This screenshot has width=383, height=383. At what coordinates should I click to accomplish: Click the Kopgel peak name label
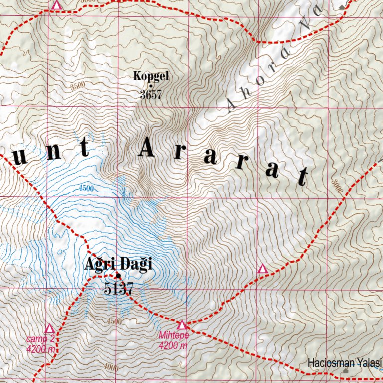[151, 76]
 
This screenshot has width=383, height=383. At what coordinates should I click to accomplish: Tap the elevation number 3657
[151, 94]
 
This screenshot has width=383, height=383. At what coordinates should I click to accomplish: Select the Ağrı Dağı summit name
[118, 264]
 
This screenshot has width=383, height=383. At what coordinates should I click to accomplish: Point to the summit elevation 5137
[119, 288]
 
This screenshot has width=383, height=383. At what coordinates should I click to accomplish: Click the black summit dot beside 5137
[118, 276]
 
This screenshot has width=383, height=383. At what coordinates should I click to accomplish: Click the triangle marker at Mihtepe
[182, 325]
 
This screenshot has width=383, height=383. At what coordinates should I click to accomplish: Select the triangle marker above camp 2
[49, 329]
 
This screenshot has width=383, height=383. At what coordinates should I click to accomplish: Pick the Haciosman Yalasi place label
[344, 362]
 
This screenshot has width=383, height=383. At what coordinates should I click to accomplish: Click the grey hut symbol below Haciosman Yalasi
[345, 371]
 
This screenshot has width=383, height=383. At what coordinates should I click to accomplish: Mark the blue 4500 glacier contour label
[86, 188]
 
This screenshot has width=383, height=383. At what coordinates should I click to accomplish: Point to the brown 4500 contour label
[114, 322]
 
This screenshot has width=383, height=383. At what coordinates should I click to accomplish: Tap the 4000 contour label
[111, 368]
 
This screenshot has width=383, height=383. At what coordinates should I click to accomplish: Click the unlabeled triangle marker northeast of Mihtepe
[263, 269]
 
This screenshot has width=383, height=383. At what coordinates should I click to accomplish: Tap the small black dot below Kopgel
[151, 85]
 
